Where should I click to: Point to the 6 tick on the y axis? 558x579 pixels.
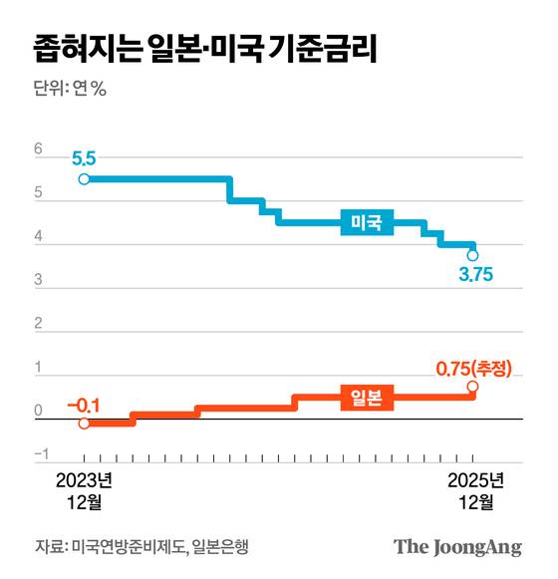[39, 150]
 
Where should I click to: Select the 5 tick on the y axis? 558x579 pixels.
[39, 194]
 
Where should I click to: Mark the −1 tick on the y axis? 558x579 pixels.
[42, 455]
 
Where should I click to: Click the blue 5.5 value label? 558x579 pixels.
[84, 158]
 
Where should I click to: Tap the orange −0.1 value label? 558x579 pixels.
[84, 405]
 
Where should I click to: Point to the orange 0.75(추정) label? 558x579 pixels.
[474, 368]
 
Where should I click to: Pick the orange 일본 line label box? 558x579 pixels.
[367, 397]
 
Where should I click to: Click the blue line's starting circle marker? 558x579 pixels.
[84, 179]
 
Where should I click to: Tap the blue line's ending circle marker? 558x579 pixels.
[472, 255]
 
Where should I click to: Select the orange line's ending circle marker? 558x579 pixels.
[472, 387]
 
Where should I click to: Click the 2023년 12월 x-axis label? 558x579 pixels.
[84, 490]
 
